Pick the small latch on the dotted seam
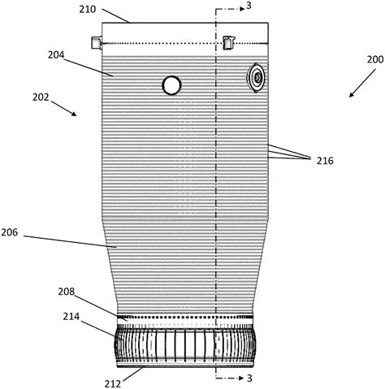click(x=227, y=41)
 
